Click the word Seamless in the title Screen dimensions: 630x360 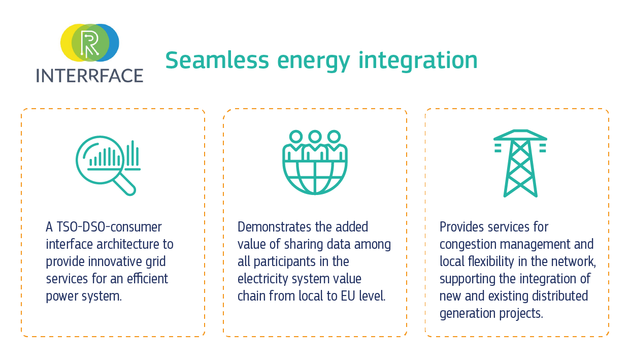[x=217, y=60]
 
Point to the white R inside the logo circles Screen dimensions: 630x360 [x=90, y=43]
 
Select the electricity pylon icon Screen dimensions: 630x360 [x=520, y=163]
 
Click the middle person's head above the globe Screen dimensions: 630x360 [x=315, y=137]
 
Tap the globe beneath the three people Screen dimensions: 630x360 [x=315, y=177]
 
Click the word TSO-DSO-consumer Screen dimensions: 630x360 [x=109, y=227]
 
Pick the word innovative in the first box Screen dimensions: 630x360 [x=115, y=261]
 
